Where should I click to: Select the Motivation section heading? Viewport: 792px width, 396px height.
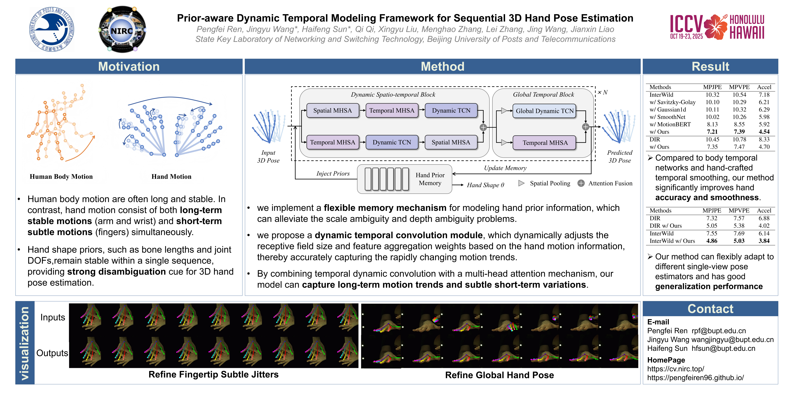pos(129,66)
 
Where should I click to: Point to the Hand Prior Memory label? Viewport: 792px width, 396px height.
pos(430,179)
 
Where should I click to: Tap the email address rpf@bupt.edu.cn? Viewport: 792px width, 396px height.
pos(719,331)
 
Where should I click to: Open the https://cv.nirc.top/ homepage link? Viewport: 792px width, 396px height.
pos(675,369)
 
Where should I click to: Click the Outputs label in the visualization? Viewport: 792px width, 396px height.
pos(52,353)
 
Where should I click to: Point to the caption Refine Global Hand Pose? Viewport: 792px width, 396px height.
pos(499,375)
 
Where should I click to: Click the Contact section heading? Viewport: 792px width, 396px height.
pos(710,309)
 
